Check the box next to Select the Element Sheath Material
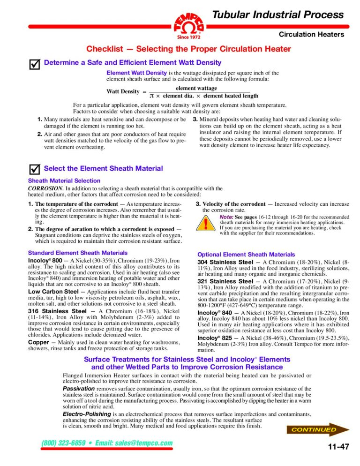34,169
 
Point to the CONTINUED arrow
320,429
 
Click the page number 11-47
338,447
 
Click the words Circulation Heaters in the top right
311,34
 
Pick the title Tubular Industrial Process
278,15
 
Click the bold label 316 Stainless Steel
58,311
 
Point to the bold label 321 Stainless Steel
225,281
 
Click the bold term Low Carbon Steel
52,291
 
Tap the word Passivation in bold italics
79,389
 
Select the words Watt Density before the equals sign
123,91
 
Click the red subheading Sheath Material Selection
64,180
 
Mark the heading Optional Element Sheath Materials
246,255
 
